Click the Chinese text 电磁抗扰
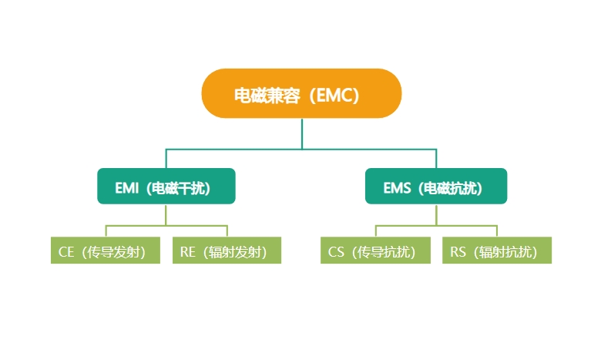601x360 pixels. tap(451, 187)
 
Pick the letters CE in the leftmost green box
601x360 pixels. tap(66, 251)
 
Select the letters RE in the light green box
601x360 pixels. tap(188, 251)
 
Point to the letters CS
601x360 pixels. tap(336, 251)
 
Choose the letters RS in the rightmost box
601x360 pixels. tap(458, 251)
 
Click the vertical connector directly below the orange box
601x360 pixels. tap(302, 133)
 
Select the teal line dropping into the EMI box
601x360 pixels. tap(167, 158)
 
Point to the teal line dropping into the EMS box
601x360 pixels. tap(436, 158)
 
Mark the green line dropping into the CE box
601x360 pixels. tap(106, 231)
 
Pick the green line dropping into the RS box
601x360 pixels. tap(497, 231)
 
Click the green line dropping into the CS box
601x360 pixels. tap(376, 231)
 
